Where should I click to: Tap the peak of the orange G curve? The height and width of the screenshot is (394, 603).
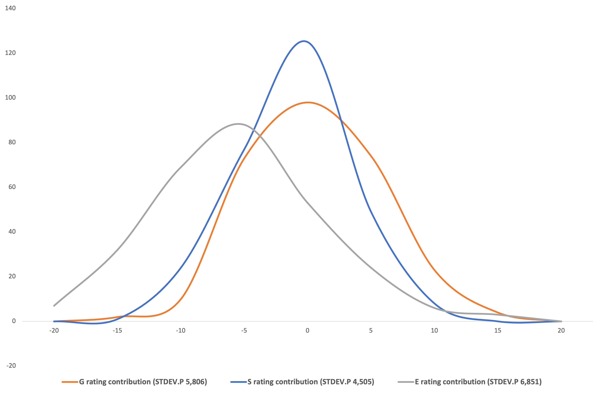pyautogui.click(x=308, y=102)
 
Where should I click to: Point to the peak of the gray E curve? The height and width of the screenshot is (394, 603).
pyautogui.click(x=238, y=124)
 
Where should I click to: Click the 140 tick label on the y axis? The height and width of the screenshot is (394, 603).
pyautogui.click(x=10, y=8)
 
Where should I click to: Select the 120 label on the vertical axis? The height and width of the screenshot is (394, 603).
pyautogui.click(x=10, y=53)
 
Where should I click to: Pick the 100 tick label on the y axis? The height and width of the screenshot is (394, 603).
pyautogui.click(x=10, y=98)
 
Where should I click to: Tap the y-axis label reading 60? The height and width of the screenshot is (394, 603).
pyautogui.click(x=12, y=187)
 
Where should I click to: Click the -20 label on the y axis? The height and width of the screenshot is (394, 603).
pyautogui.click(x=11, y=366)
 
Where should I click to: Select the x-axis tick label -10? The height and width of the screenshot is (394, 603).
pyautogui.click(x=181, y=331)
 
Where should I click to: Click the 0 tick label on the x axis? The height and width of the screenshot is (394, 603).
pyautogui.click(x=307, y=331)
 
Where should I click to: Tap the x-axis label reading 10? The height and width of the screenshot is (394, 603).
pyautogui.click(x=434, y=331)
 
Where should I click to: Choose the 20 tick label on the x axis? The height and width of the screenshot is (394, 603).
pyautogui.click(x=561, y=331)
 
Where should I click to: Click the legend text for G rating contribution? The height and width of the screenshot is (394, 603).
pyautogui.click(x=143, y=382)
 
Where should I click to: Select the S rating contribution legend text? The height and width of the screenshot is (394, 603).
pyautogui.click(x=311, y=382)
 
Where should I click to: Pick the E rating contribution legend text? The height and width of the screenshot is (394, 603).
pyautogui.click(x=478, y=382)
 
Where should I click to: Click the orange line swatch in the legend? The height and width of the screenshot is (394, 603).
pyautogui.click(x=70, y=382)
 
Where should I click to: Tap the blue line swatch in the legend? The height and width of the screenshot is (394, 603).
pyautogui.click(x=238, y=382)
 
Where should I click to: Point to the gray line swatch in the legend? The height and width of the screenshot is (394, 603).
pyautogui.click(x=406, y=382)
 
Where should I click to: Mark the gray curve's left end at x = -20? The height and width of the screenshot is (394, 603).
pyautogui.click(x=54, y=306)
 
